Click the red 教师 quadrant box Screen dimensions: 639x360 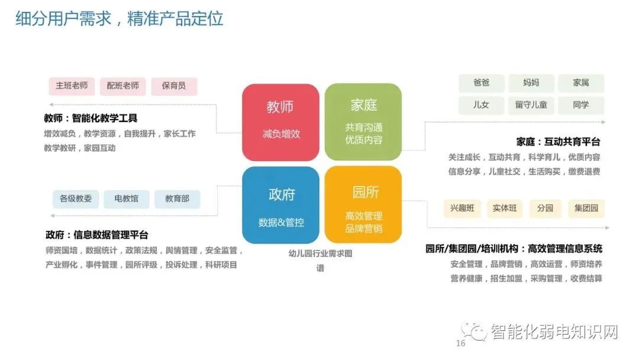280,122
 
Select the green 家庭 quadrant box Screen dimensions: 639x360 363,122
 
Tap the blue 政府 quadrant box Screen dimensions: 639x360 280,205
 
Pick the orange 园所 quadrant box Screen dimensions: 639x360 363,205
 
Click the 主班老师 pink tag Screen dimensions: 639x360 72,86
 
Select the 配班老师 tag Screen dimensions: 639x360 122,86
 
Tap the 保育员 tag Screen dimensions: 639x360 173,86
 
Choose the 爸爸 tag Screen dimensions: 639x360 481,83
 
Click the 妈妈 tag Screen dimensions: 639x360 531,83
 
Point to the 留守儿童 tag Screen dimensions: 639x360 531,105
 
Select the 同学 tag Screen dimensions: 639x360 580,105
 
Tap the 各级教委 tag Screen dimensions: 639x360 76,198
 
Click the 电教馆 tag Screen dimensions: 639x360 126,198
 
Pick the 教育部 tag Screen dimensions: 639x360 177,198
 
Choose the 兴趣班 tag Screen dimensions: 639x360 462,208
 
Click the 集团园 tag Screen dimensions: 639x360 586,208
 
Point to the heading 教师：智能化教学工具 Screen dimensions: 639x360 91,118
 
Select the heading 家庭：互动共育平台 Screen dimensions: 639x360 558,142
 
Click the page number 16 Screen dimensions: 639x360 461,344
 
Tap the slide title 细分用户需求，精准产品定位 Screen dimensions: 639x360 119,18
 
